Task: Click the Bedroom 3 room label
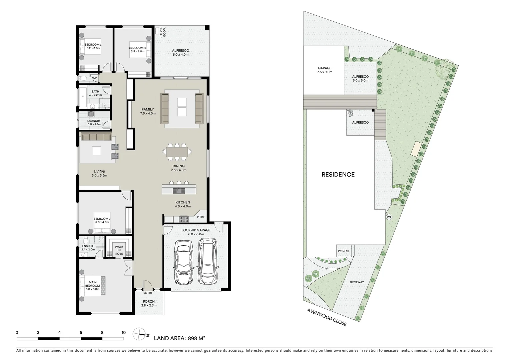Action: pos(93,46)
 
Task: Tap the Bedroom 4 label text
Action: pos(137,50)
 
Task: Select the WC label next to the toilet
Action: pos(95,79)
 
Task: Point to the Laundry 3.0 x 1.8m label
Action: pos(94,123)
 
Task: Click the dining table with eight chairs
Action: pos(177,151)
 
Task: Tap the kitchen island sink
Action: pos(177,191)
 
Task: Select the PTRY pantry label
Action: pos(200,217)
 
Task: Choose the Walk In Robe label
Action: pos(119,250)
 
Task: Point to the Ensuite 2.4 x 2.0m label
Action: pos(88,248)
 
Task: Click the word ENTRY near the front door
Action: pos(148,293)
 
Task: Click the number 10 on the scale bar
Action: pos(123,332)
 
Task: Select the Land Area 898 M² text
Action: pos(179,338)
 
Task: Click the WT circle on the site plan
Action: pos(389,217)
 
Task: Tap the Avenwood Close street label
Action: pos(327,317)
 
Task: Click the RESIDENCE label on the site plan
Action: pos(338,174)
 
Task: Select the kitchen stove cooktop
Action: pos(184,219)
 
